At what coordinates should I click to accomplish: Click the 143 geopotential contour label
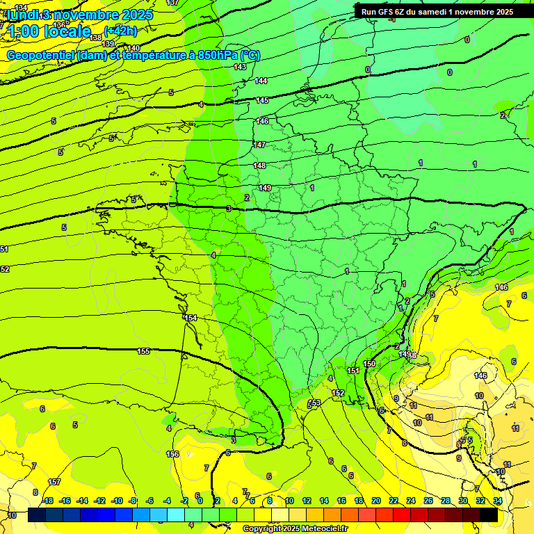(240, 67)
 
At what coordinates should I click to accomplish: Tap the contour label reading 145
(262, 101)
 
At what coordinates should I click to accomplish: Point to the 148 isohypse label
(259, 165)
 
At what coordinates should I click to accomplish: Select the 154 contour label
(191, 318)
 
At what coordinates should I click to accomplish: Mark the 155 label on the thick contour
(144, 351)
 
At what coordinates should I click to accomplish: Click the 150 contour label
(369, 364)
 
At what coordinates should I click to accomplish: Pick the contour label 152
(338, 394)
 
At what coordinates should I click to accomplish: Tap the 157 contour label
(54, 482)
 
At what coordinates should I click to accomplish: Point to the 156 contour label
(172, 454)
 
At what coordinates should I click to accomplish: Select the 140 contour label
(133, 48)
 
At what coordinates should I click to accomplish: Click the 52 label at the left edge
(5, 269)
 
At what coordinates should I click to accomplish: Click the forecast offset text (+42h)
(121, 31)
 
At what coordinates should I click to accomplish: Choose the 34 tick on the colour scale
(497, 501)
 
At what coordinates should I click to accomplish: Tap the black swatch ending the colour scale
(489, 515)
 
